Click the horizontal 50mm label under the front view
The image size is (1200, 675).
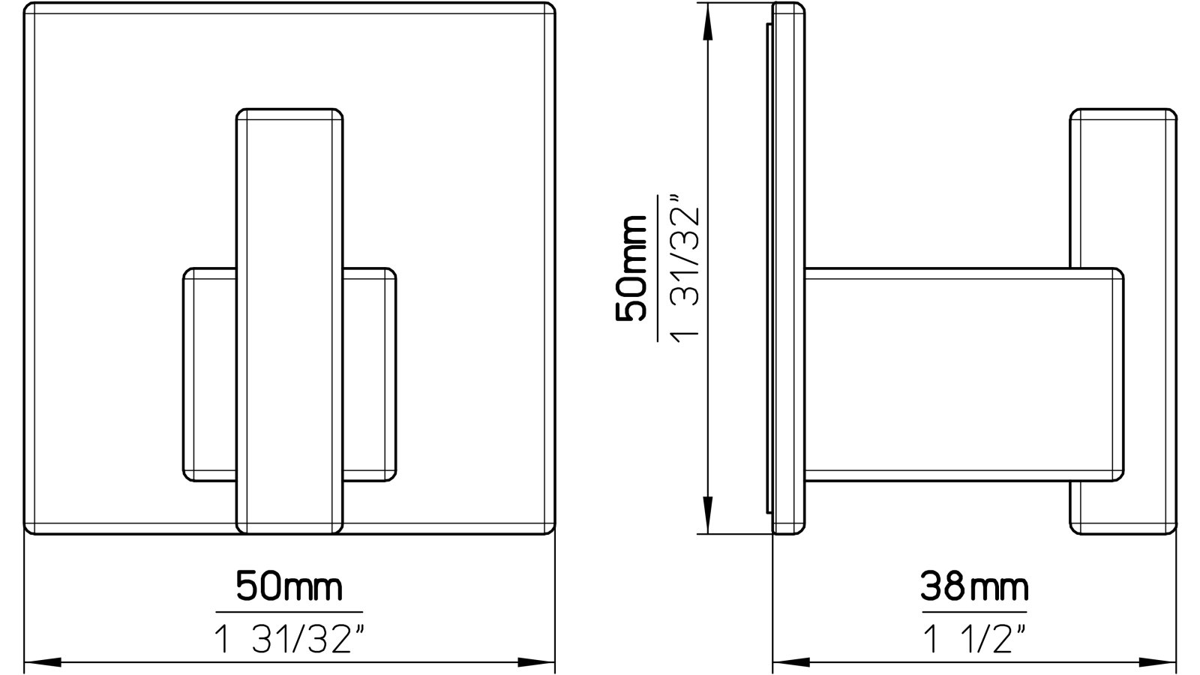click(289, 586)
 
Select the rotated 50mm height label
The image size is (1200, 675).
click(631, 268)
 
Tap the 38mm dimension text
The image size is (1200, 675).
click(974, 586)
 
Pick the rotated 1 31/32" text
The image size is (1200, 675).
click(685, 268)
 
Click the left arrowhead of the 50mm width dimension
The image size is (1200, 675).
click(42, 663)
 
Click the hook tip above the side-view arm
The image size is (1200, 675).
click(1123, 187)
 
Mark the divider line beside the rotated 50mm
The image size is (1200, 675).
click(658, 268)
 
